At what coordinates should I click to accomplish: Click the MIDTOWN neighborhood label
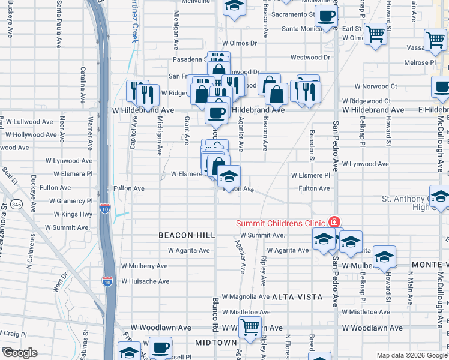click(216, 343)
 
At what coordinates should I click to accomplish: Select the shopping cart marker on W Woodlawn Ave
click(250, 328)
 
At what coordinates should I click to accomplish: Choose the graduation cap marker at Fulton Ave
click(229, 176)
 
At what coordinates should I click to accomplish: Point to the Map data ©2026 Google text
click(411, 355)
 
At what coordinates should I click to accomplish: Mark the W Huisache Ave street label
click(145, 281)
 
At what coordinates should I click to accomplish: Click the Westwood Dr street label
click(310, 58)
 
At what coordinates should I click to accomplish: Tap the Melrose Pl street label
click(420, 62)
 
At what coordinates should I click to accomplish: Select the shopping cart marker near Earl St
click(376, 34)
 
